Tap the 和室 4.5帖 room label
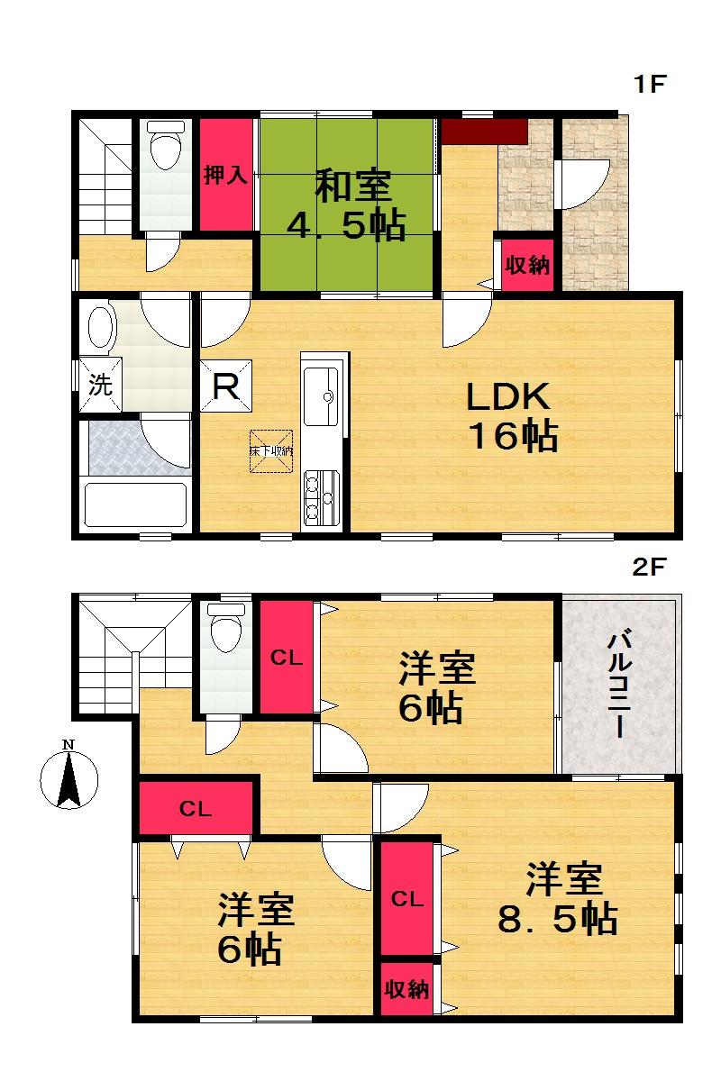(x=347, y=207)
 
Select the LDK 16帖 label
(x=510, y=417)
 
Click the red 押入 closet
(x=225, y=174)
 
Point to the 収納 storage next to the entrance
(x=527, y=266)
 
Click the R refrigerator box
(x=226, y=386)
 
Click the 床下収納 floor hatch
(x=270, y=451)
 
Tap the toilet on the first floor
(x=164, y=149)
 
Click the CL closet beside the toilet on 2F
(x=287, y=657)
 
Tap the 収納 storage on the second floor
(x=406, y=989)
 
